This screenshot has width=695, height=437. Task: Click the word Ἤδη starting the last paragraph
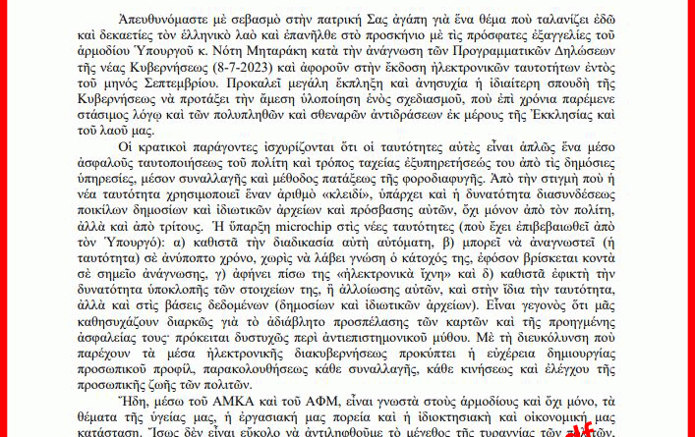[131, 401]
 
